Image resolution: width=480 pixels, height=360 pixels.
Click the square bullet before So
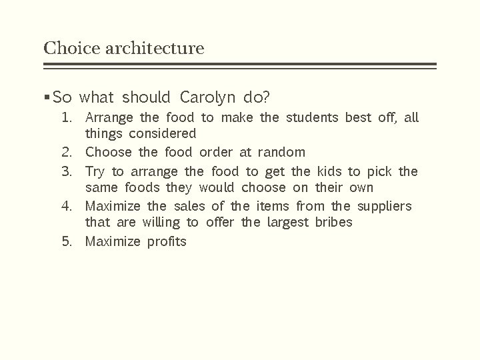point(46,98)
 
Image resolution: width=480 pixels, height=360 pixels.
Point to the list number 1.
point(67,118)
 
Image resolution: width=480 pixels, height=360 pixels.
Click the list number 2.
point(67,153)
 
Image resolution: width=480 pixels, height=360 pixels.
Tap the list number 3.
point(67,171)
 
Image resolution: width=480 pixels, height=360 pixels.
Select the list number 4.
point(67,205)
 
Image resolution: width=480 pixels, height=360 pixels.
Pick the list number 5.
point(67,241)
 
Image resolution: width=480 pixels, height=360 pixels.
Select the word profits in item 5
point(167,241)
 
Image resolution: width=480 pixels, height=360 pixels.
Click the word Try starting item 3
point(96,171)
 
